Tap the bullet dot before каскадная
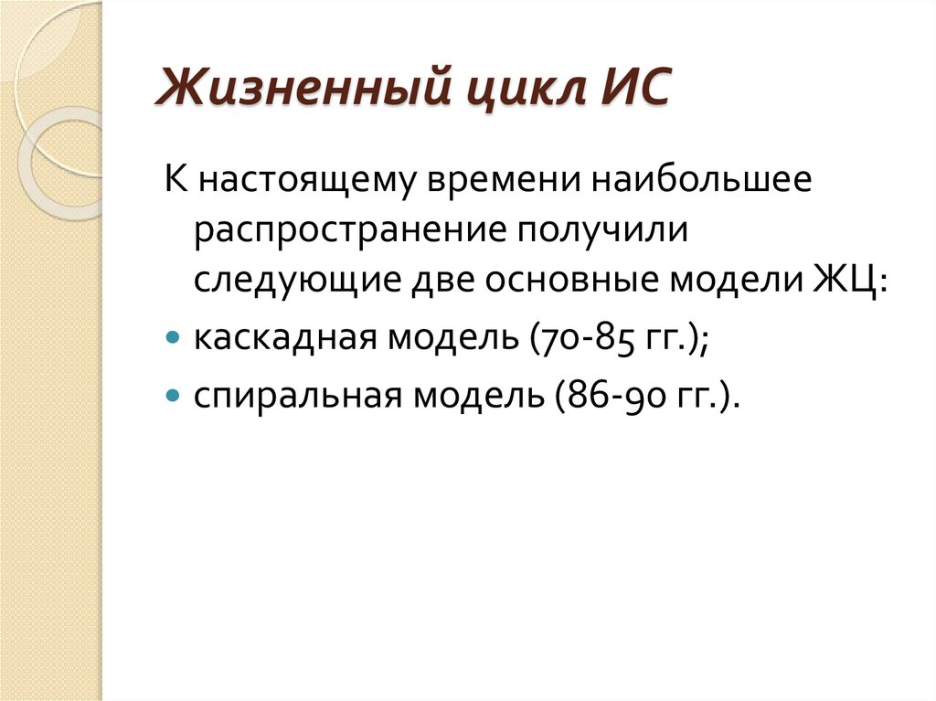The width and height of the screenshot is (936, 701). [x=174, y=337]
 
